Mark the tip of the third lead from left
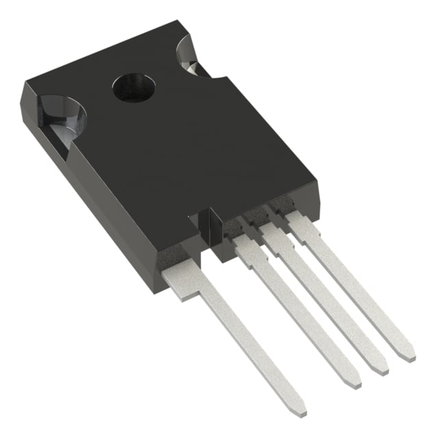(x=379, y=368)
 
